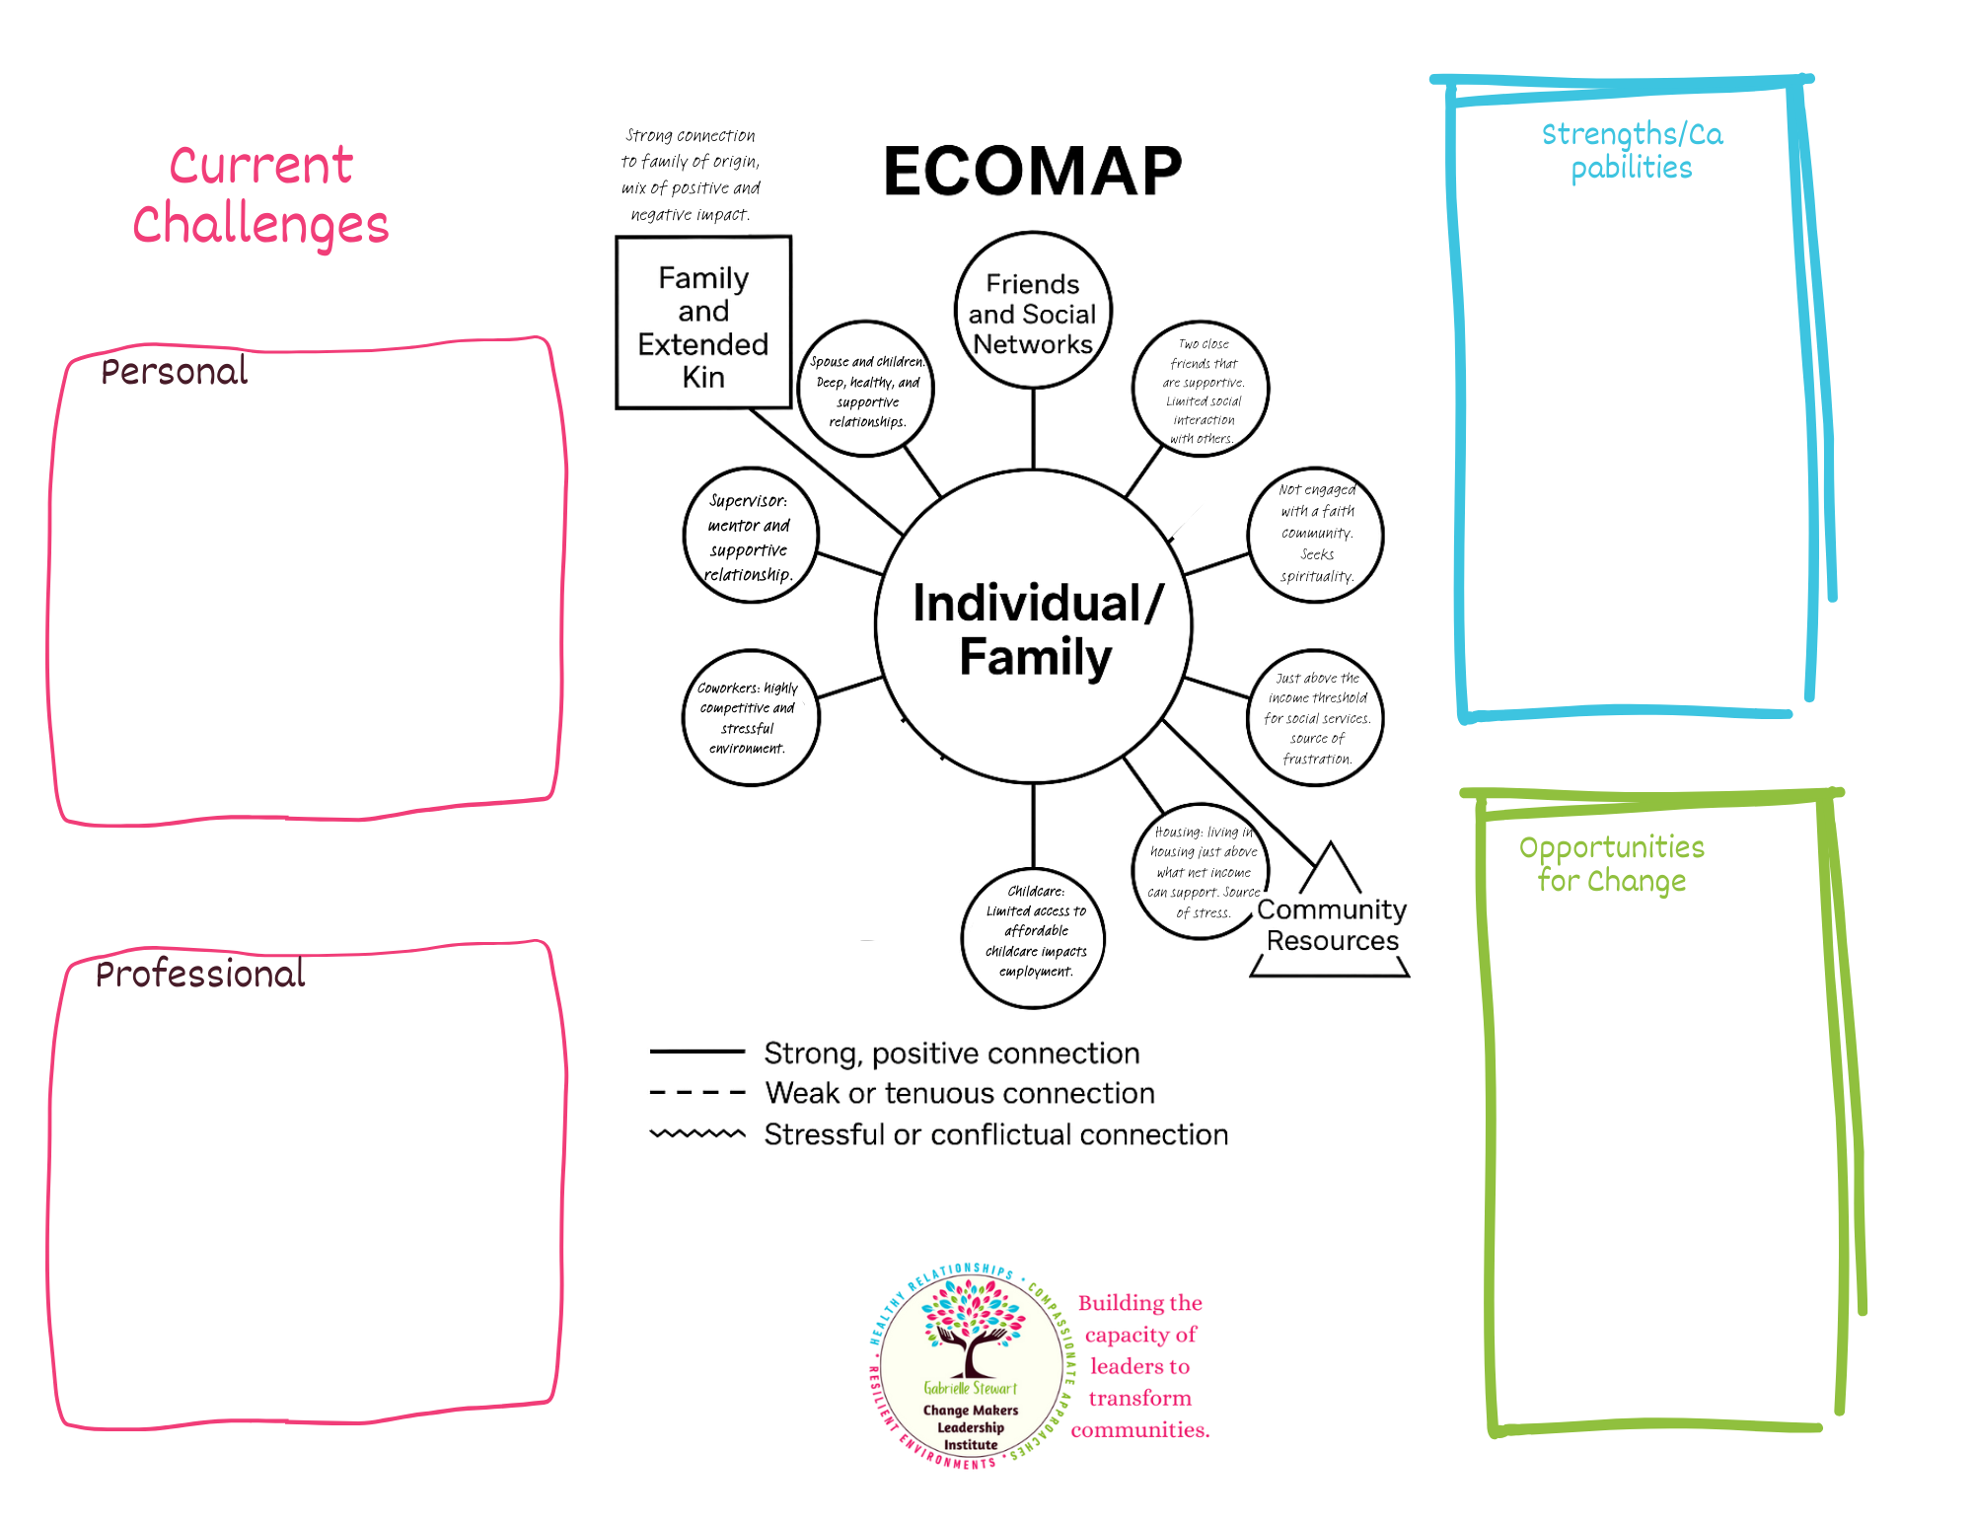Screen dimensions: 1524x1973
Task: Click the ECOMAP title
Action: click(x=1032, y=172)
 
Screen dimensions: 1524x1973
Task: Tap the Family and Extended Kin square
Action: click(x=703, y=324)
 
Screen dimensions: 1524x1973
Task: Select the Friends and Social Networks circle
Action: click(x=1033, y=312)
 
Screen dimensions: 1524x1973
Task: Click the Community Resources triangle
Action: click(x=1331, y=923)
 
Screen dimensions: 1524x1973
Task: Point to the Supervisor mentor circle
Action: click(x=751, y=536)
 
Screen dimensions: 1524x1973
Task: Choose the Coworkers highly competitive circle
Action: click(x=750, y=718)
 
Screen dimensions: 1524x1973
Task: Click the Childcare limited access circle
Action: click(x=1034, y=937)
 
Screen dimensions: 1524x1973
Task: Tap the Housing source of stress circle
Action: click(x=1201, y=871)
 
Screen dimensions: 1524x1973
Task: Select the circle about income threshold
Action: click(x=1316, y=718)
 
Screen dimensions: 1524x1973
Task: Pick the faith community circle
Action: click(x=1316, y=534)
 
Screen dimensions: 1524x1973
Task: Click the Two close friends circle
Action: click(x=1201, y=390)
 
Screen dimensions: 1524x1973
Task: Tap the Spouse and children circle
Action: click(x=866, y=390)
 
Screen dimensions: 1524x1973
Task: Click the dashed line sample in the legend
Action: click(x=697, y=1093)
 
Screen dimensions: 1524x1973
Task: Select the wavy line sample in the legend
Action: click(x=697, y=1134)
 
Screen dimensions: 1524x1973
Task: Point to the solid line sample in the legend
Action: click(x=697, y=1052)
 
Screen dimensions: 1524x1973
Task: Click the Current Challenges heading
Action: click(x=260, y=194)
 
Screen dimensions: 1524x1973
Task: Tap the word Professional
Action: click(x=200, y=975)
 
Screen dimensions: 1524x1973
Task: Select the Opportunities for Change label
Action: click(x=1611, y=863)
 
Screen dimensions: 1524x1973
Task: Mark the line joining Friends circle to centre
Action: click(x=1033, y=428)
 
